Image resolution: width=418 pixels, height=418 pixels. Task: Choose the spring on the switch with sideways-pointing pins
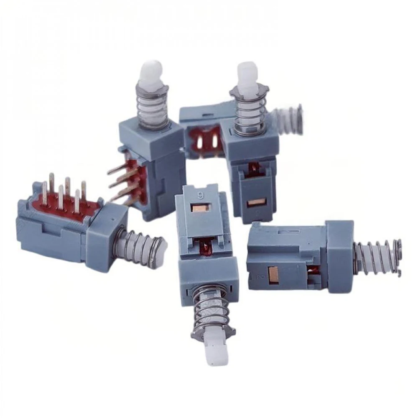tap(152, 107)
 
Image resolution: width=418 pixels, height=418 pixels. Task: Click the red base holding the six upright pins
tap(63, 205)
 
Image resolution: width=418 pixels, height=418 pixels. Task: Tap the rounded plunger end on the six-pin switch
tap(161, 250)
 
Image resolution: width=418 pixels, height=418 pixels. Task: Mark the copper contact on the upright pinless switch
tap(256, 202)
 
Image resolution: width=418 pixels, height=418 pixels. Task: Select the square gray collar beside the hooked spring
tap(339, 256)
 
